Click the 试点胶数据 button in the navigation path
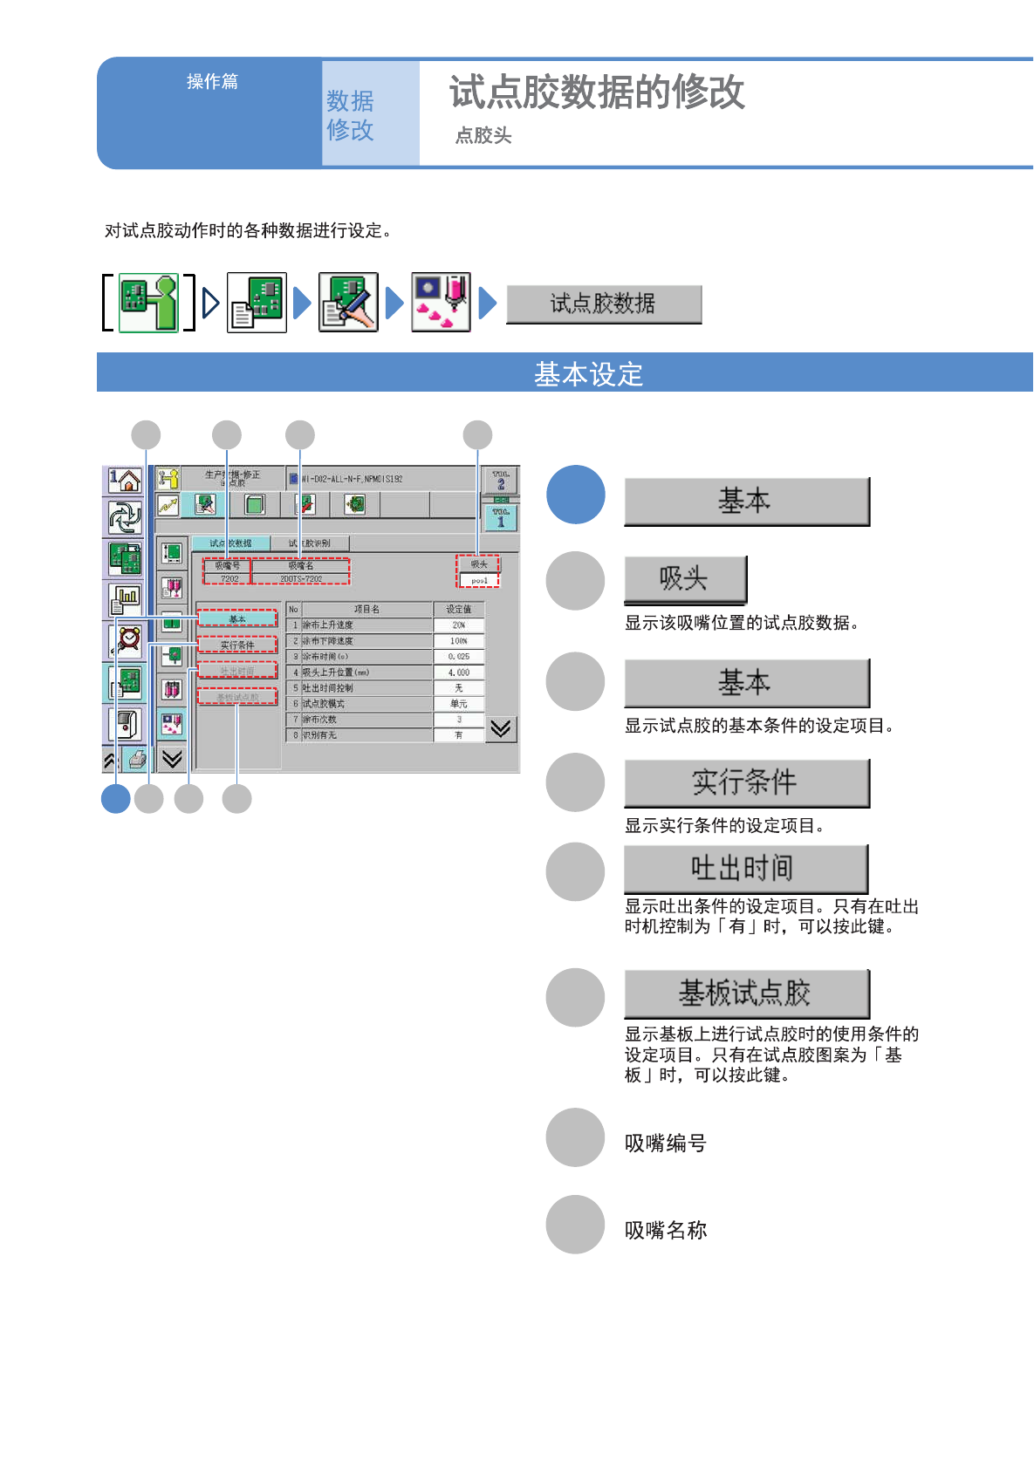tap(604, 304)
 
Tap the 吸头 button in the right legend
tap(685, 579)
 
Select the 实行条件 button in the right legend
tap(746, 782)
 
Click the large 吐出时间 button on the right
tap(745, 869)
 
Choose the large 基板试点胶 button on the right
tap(746, 993)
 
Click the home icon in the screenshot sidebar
tap(126, 480)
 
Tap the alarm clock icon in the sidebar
tap(127, 639)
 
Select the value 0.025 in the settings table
tap(459, 657)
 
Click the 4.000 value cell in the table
tap(459, 672)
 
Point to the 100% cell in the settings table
tap(459, 641)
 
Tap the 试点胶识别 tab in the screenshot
tap(310, 543)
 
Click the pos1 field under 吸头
tap(479, 580)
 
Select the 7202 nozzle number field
tap(229, 578)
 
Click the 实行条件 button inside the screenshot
tap(237, 645)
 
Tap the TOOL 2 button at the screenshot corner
tap(501, 481)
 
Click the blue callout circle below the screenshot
tap(116, 798)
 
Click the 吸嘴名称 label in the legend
tap(666, 1231)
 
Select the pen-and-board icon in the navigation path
tap(348, 303)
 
